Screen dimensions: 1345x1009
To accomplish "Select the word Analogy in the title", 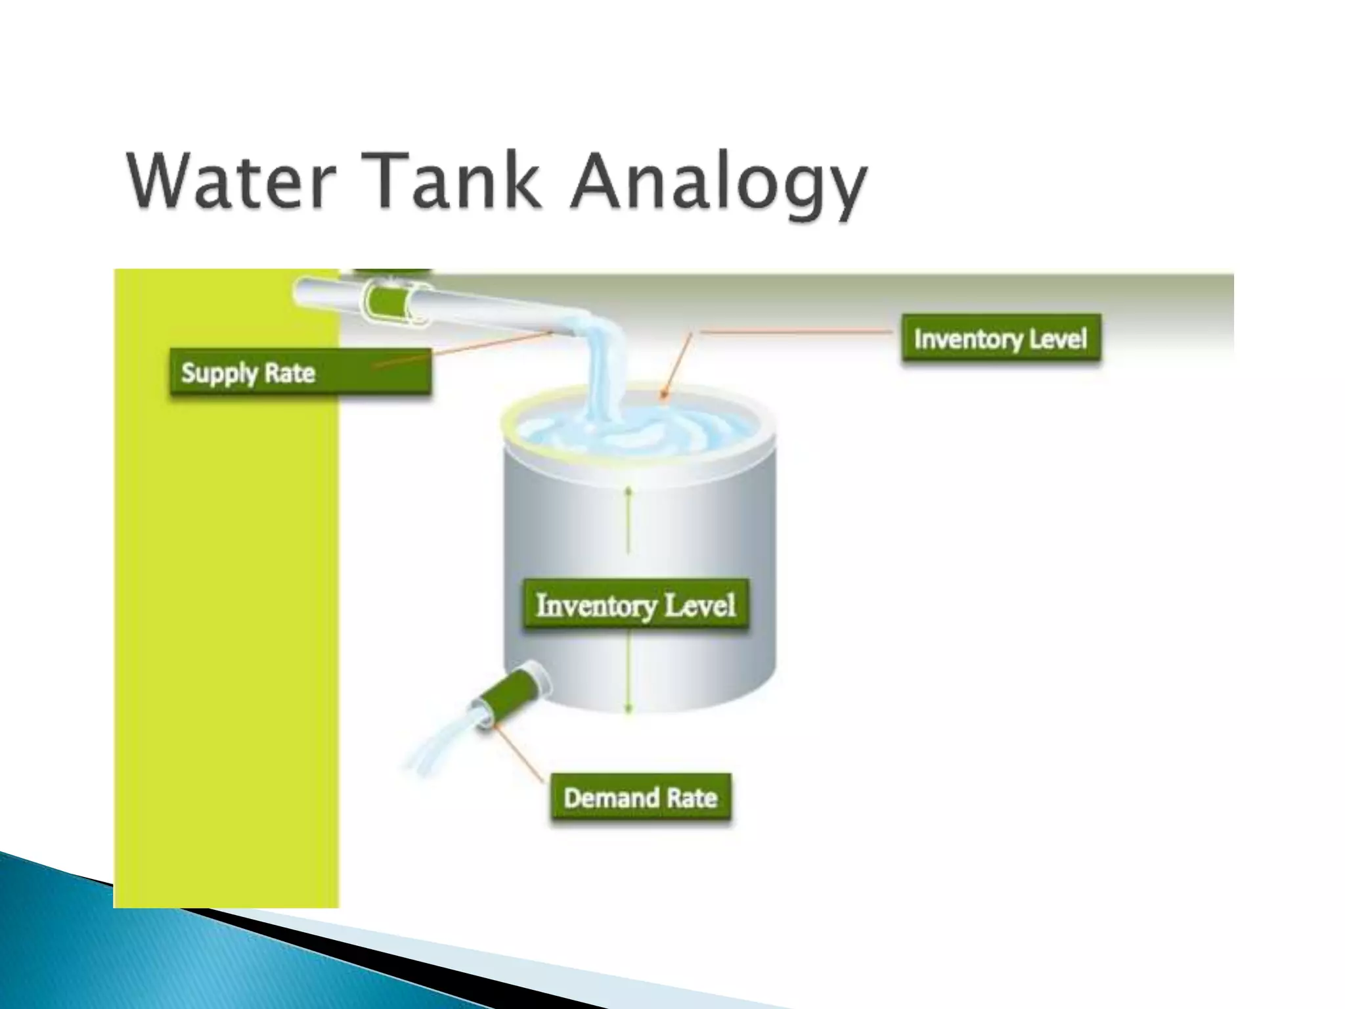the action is pos(718,184).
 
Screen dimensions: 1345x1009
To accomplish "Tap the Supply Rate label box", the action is pos(300,372).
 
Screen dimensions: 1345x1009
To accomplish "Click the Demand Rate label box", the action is pos(640,797).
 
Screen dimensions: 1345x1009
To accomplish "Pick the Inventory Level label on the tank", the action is pos(635,605).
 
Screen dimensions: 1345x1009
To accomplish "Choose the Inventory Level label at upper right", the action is pos(1000,339).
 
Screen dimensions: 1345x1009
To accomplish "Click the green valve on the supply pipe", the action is pos(392,302).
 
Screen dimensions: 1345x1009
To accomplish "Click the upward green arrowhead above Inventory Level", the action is pos(628,491).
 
